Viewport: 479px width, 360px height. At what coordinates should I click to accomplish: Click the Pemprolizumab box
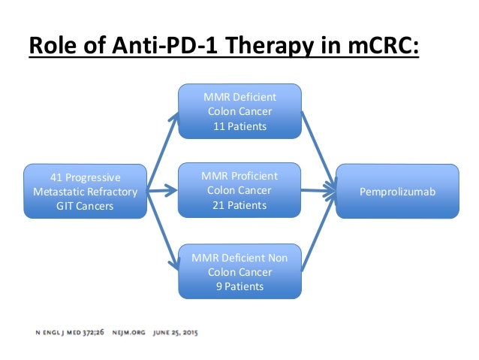click(397, 192)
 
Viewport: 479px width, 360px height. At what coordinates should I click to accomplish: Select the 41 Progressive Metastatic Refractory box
click(85, 192)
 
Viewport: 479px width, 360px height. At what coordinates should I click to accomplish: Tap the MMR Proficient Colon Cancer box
click(239, 191)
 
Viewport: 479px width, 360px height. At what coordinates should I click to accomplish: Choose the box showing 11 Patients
click(239, 111)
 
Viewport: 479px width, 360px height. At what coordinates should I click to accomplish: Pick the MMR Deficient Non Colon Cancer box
click(239, 272)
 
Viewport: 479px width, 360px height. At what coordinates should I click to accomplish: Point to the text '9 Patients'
click(239, 286)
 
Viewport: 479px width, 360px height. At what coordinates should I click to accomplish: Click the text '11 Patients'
click(239, 126)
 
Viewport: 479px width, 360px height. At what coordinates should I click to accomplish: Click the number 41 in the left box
click(56, 177)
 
